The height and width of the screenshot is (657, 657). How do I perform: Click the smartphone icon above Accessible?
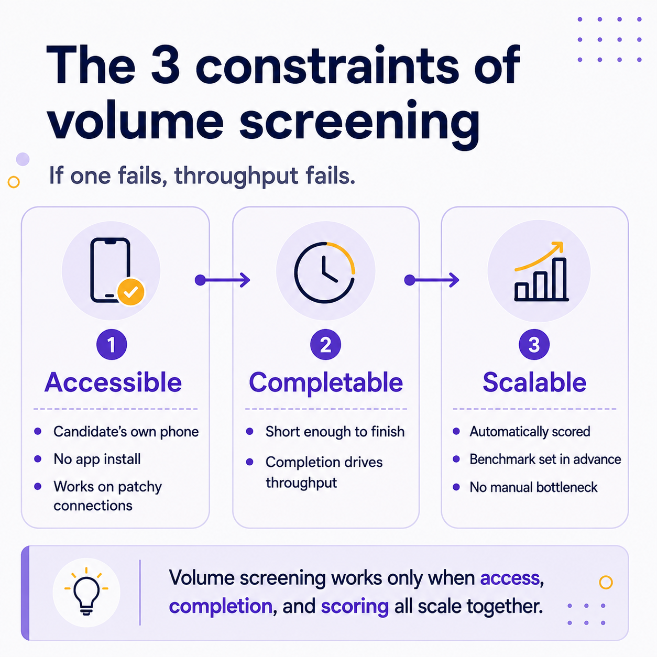pyautogui.click(x=110, y=270)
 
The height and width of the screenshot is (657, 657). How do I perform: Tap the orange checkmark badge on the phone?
pyautogui.click(x=130, y=292)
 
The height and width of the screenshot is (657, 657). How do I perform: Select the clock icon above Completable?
pyautogui.click(x=325, y=272)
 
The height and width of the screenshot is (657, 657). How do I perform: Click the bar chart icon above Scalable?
pyautogui.click(x=541, y=271)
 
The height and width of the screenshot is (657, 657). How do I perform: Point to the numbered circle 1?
pyautogui.click(x=112, y=344)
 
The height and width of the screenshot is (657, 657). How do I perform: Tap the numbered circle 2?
pyautogui.click(x=325, y=344)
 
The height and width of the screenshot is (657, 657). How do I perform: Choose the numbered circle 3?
pyautogui.click(x=534, y=344)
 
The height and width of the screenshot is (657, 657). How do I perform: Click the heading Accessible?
pyautogui.click(x=113, y=382)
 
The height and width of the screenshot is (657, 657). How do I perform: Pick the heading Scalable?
pyautogui.click(x=534, y=382)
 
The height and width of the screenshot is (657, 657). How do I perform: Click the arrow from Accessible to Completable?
pyautogui.click(x=222, y=280)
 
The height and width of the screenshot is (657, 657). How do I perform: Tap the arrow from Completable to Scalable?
pyautogui.click(x=432, y=280)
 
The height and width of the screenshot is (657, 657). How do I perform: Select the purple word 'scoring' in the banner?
pyautogui.click(x=355, y=607)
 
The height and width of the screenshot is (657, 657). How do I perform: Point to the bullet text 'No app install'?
pyautogui.click(x=97, y=459)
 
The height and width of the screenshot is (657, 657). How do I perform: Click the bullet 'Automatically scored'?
pyautogui.click(x=530, y=432)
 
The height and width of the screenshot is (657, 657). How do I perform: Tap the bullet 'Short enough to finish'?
pyautogui.click(x=335, y=432)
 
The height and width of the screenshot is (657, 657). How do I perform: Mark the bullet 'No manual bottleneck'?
pyautogui.click(x=533, y=487)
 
